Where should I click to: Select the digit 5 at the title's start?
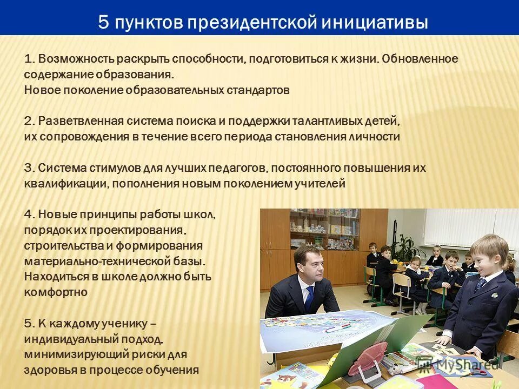coord(103,23)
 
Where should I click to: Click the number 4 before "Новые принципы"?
coord(29,215)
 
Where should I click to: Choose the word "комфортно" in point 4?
coord(56,292)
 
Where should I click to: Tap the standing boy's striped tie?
coord(480,284)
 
